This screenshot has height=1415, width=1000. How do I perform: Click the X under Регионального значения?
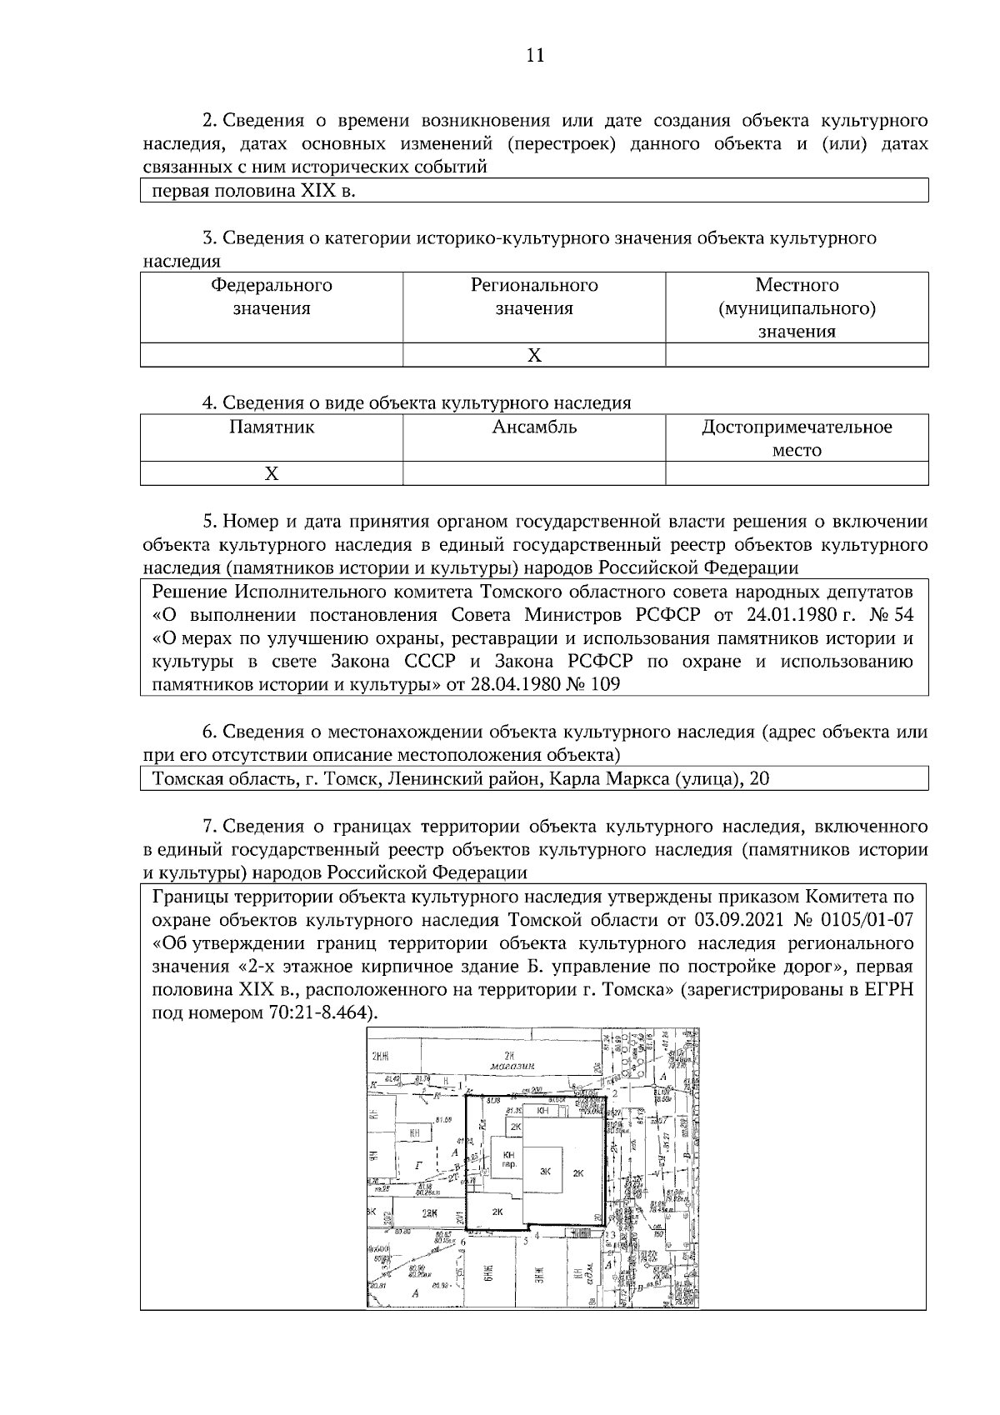[534, 356]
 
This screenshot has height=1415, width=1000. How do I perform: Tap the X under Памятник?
[271, 474]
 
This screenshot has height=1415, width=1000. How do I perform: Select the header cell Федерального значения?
[271, 297]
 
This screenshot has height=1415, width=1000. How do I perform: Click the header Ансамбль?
[534, 427]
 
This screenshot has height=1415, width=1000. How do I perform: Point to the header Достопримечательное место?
[797, 438]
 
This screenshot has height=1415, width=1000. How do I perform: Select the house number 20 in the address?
[759, 779]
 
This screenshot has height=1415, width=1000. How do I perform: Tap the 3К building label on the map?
[546, 1172]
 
